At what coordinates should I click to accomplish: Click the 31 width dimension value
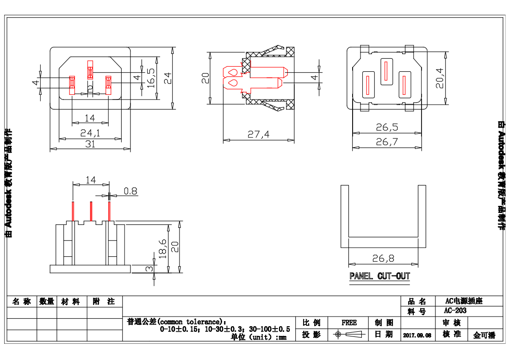tap(90, 144)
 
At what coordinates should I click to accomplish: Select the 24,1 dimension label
tap(90, 133)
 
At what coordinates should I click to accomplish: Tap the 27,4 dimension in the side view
tap(258, 135)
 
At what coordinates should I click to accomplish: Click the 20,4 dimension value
tap(440, 78)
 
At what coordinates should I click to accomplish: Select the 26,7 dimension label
tap(387, 143)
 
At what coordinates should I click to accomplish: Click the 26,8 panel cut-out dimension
tap(383, 258)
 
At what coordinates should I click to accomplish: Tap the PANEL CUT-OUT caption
tap(380, 276)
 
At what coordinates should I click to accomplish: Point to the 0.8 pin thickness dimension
tap(130, 191)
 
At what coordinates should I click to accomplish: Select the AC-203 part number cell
tap(455, 311)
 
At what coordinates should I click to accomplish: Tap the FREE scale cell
tap(349, 323)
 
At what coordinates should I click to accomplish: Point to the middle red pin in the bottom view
tap(91, 211)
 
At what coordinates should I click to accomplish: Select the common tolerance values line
tap(225, 329)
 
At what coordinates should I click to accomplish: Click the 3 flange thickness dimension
tap(149, 269)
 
